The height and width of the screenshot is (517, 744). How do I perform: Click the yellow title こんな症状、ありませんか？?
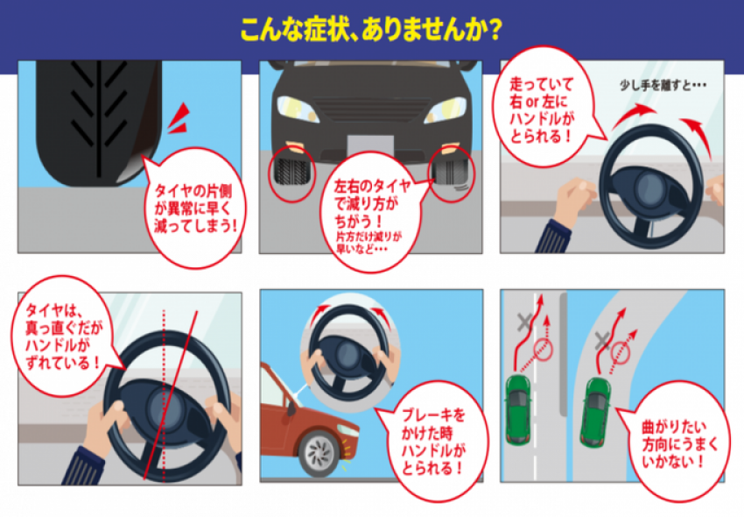point(371,30)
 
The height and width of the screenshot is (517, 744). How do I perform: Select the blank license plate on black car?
point(370,147)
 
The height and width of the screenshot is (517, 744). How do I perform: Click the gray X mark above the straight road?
point(524,322)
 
